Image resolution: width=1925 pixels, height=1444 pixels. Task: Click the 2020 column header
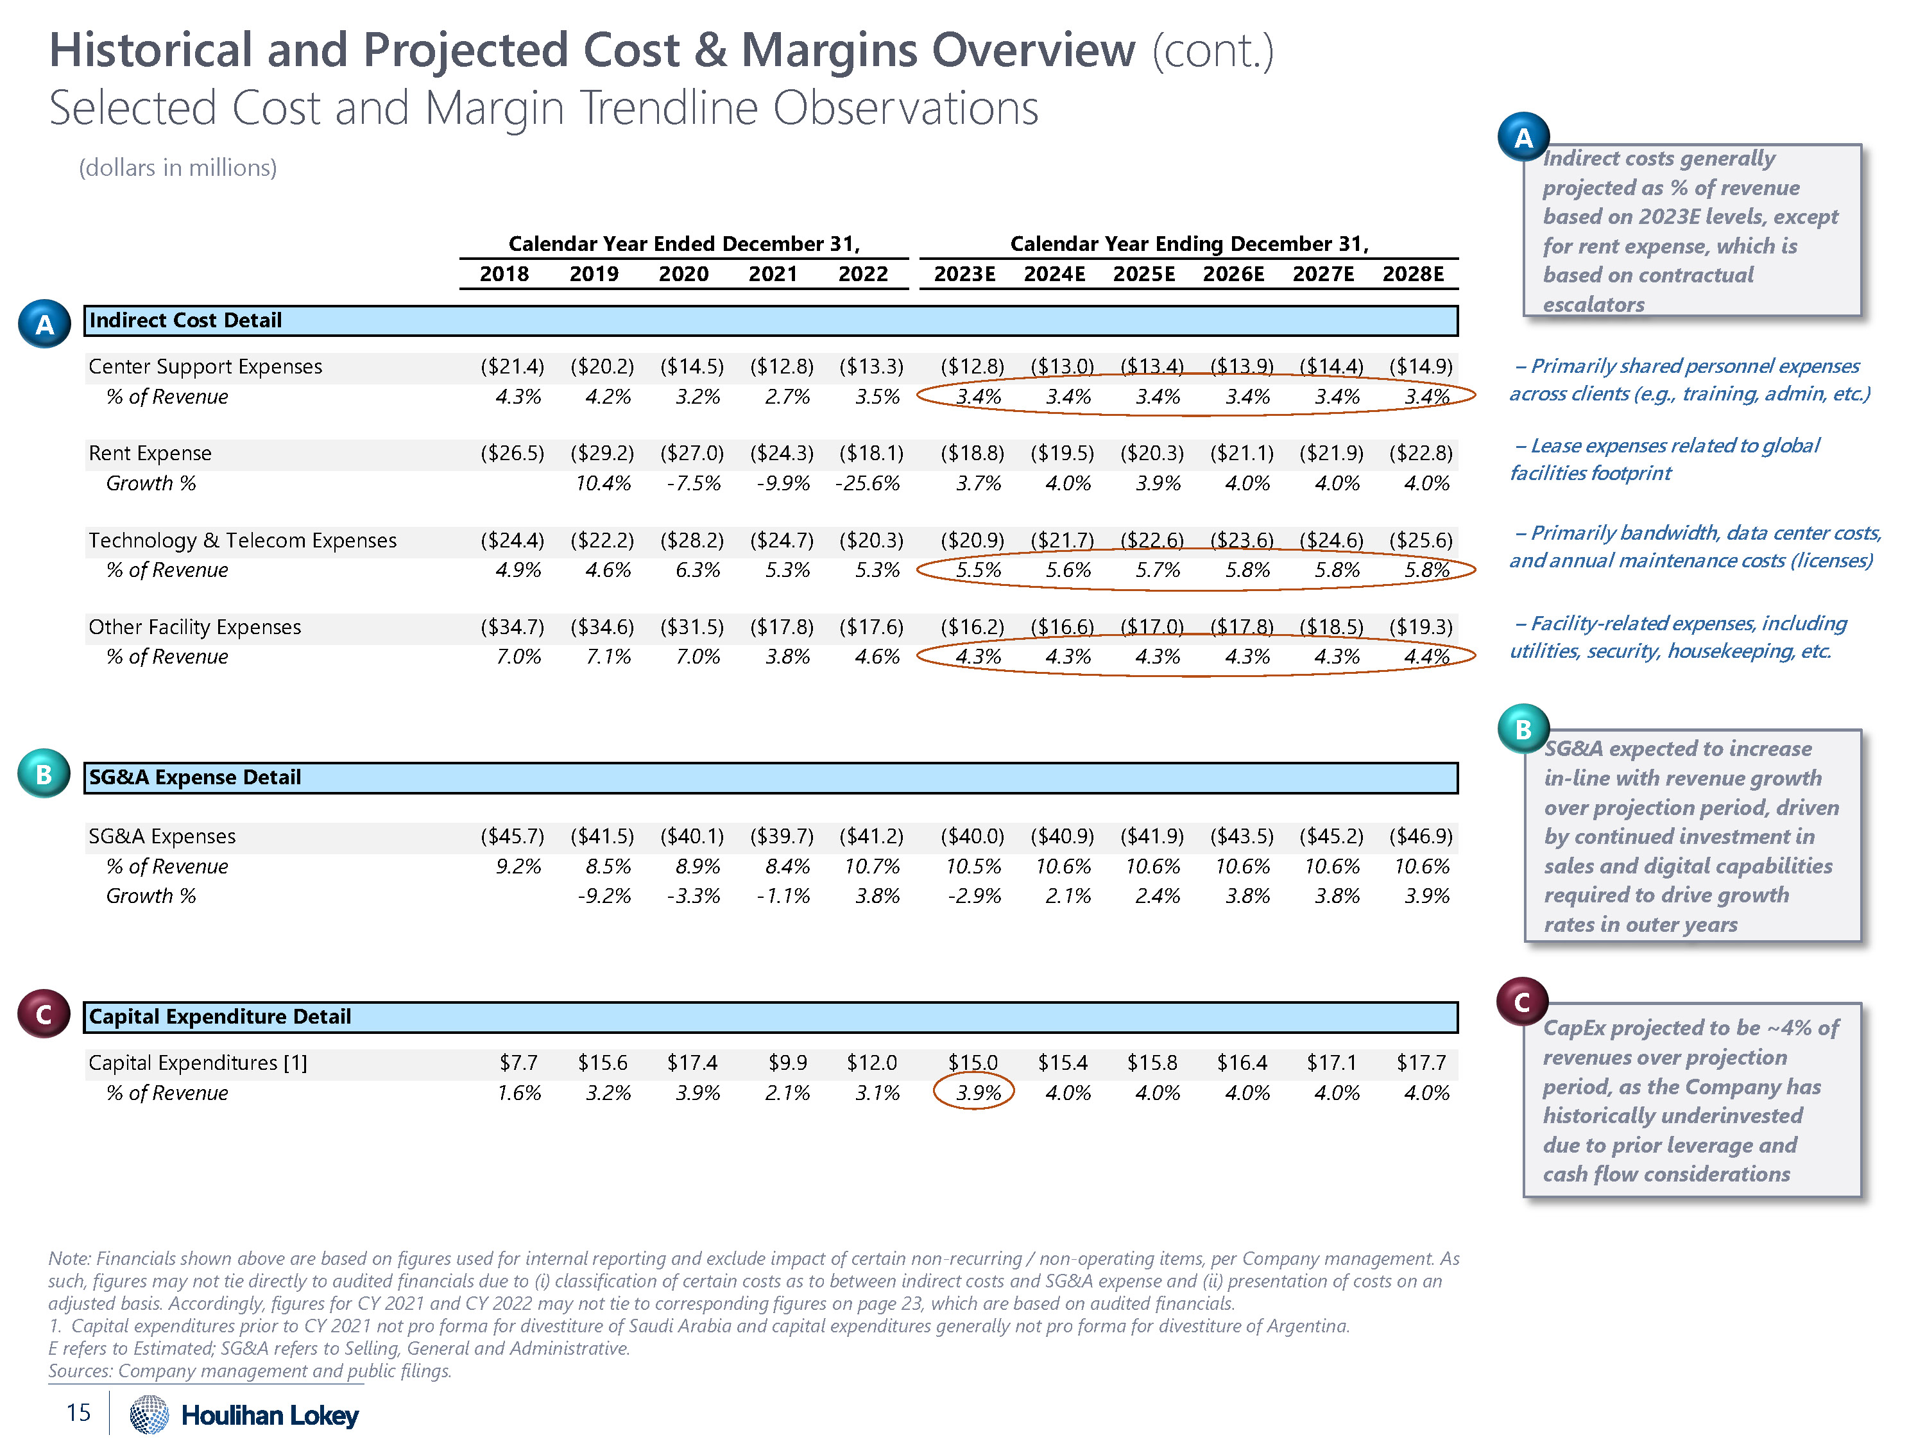683,274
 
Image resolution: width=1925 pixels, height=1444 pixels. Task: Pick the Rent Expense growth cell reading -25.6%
867,483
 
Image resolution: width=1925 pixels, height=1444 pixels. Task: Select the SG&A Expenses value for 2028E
1420,836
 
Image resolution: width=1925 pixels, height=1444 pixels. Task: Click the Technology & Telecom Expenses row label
242,540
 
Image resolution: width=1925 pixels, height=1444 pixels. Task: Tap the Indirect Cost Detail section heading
185,320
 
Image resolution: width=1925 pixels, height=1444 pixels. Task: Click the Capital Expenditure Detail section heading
219,1017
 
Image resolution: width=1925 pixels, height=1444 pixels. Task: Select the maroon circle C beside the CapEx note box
1521,1002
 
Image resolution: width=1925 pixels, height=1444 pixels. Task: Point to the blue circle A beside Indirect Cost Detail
44,325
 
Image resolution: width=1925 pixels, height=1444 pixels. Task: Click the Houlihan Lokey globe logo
149,1414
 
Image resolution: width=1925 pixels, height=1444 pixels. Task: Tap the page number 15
78,1413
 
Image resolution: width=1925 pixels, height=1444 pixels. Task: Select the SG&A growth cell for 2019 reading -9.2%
603,896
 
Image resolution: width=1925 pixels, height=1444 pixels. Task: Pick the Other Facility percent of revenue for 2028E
1426,657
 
